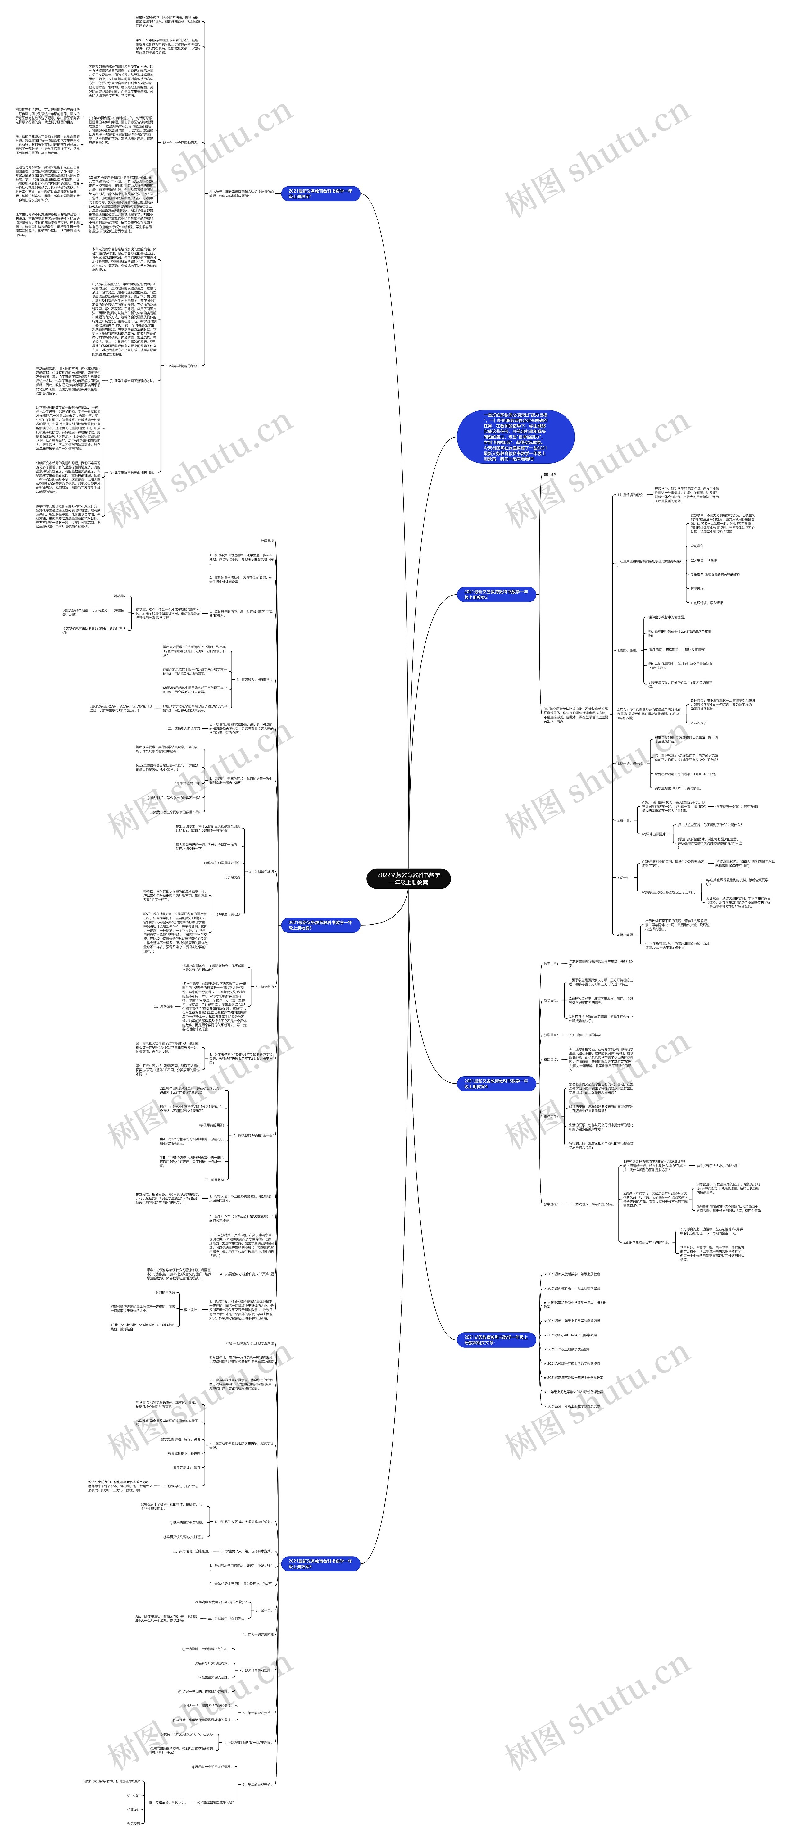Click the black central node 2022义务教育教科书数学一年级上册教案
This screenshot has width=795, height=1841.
[x=408, y=878]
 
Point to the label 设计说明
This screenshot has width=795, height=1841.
[x=551, y=474]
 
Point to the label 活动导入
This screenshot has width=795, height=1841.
[x=120, y=595]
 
